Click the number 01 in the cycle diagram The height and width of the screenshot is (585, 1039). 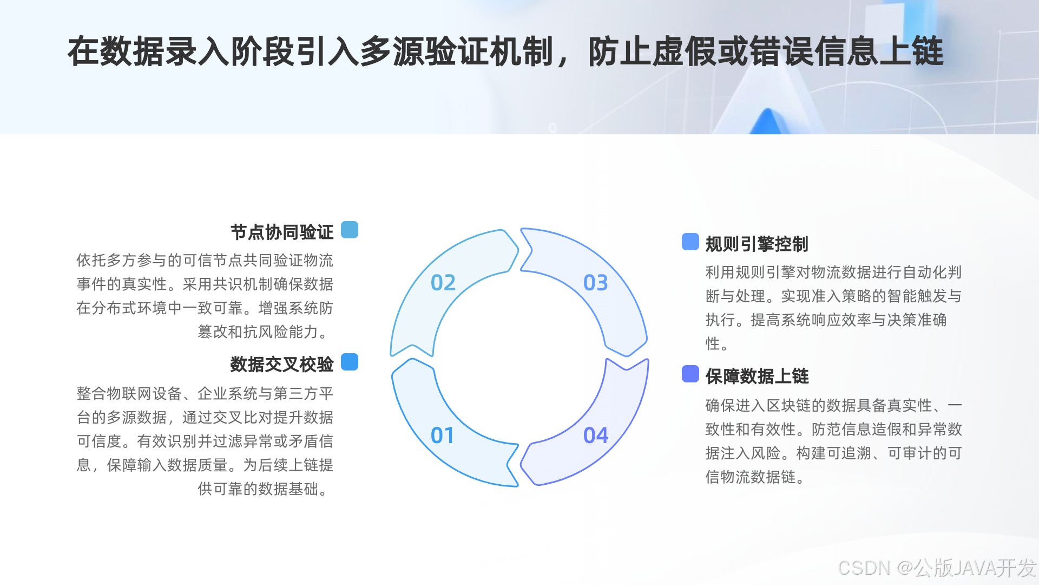point(442,435)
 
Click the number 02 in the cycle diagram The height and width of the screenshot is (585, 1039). point(443,283)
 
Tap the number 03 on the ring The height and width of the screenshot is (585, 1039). point(595,283)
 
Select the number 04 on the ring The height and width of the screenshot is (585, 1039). point(595,435)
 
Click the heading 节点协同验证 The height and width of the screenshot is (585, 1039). point(282,232)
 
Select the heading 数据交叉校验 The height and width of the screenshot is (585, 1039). point(282,365)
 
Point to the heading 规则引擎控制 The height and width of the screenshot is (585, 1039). point(757,244)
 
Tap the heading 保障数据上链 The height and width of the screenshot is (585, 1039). point(757,376)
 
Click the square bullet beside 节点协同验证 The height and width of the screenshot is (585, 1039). point(350,230)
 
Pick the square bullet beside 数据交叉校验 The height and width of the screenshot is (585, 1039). point(350,362)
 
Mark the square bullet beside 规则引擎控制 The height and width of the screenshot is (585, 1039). point(691,242)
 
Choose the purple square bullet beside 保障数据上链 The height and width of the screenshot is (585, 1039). point(691,374)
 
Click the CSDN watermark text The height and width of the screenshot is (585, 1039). point(937,568)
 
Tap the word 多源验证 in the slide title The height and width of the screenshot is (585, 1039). point(424,51)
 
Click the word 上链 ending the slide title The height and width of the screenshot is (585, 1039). point(911,51)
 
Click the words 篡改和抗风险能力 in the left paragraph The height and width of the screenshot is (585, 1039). point(258,331)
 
